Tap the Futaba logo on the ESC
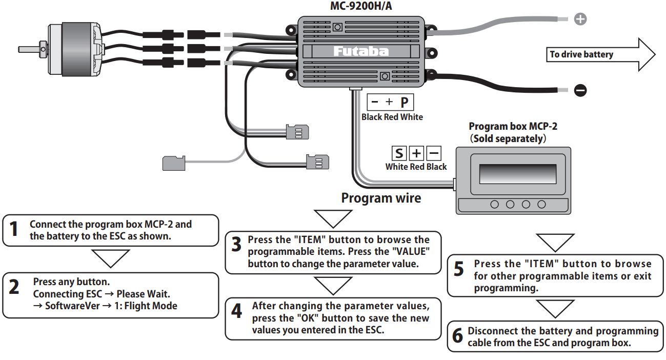(x=361, y=51)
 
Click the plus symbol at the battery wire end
(x=580, y=19)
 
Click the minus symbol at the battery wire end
(x=580, y=91)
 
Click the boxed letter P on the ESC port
(x=405, y=102)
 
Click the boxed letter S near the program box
(x=399, y=153)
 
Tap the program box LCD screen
(x=517, y=174)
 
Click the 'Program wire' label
(x=381, y=198)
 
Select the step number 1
(x=14, y=229)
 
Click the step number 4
(x=236, y=311)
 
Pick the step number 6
(x=457, y=336)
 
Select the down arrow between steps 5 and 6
(x=555, y=309)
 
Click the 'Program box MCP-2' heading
(x=513, y=127)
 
